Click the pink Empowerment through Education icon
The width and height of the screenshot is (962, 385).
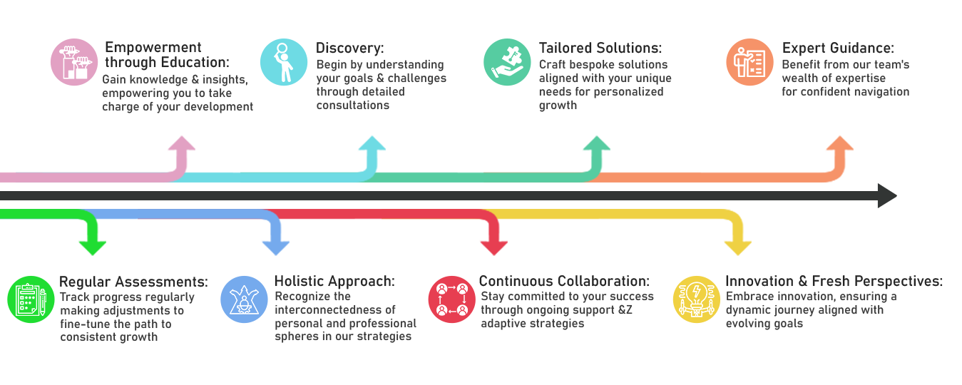[75, 63]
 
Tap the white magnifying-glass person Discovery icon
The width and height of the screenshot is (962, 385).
[283, 63]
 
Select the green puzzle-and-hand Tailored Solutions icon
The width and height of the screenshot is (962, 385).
[507, 63]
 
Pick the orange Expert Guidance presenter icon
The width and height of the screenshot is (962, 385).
[749, 63]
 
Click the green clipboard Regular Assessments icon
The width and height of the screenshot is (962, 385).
[31, 299]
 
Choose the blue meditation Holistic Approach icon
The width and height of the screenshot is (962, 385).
[244, 299]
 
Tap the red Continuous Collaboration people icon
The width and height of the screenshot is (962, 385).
[451, 299]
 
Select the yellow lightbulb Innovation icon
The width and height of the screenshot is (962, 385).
[695, 299]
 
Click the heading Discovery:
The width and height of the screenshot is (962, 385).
[349, 48]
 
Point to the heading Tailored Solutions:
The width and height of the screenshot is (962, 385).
[600, 48]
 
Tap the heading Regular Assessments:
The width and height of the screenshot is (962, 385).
[133, 282]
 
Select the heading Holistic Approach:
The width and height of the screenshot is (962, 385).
[334, 282]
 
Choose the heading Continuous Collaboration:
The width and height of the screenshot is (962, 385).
[564, 282]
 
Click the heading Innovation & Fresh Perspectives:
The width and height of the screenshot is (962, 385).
[834, 282]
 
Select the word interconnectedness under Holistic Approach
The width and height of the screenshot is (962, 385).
[334, 309]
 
